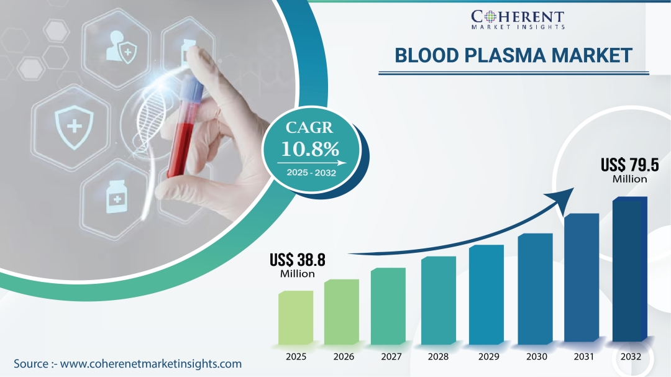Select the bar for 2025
(x=296, y=317)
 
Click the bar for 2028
(x=439, y=301)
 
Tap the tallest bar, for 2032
(x=630, y=269)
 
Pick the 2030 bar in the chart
(x=536, y=289)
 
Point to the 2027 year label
(x=391, y=357)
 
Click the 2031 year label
(x=583, y=357)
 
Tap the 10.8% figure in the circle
(x=310, y=149)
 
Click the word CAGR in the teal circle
(x=309, y=127)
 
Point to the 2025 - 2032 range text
(x=311, y=173)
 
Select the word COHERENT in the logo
(x=518, y=17)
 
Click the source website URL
(x=150, y=364)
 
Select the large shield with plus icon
(x=74, y=127)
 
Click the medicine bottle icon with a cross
(x=116, y=197)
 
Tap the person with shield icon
(x=122, y=47)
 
